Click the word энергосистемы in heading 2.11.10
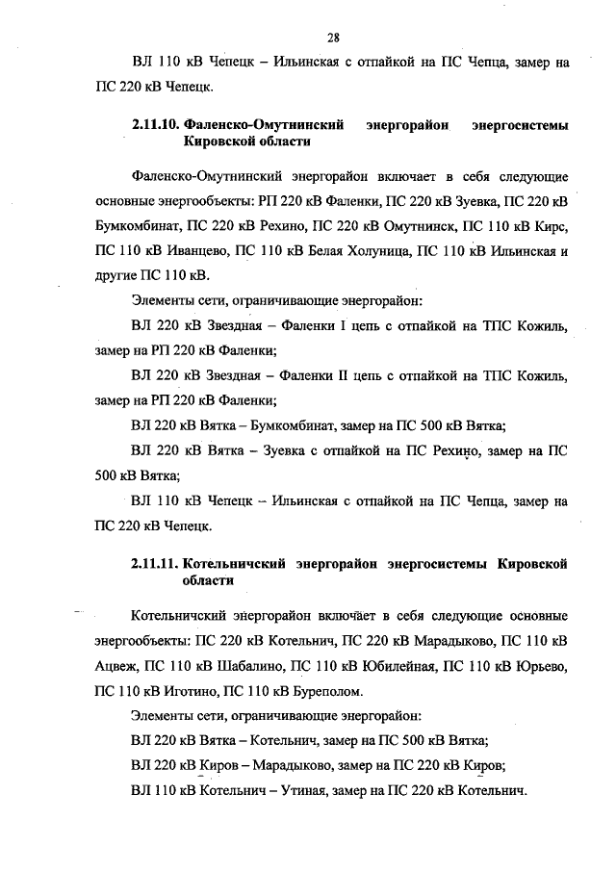point(519,125)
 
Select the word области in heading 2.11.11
point(207,581)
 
